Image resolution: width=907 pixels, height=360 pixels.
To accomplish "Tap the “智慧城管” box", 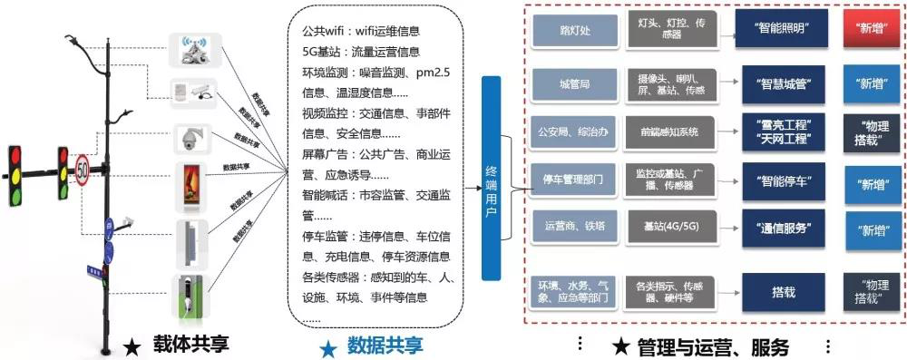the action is tap(783, 83).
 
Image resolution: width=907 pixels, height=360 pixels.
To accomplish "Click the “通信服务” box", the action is tap(783, 225).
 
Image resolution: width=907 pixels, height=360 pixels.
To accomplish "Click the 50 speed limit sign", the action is tap(83, 170).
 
